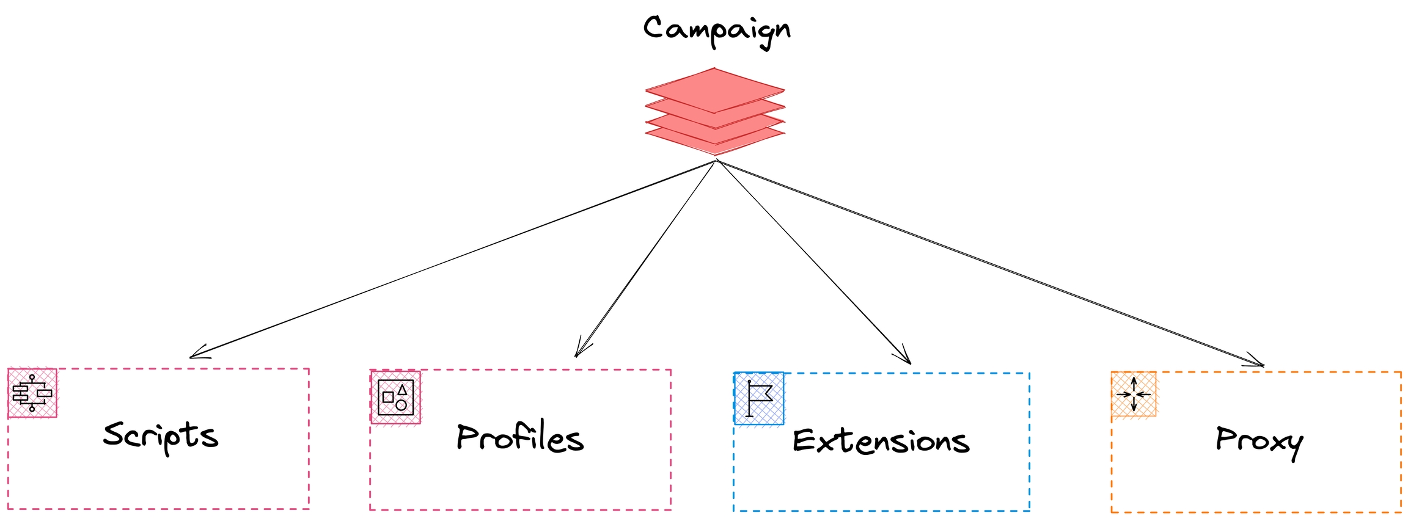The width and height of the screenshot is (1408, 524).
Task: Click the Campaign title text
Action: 716,30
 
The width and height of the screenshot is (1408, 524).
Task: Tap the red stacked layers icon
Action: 714,111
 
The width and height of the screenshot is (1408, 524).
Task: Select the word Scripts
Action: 160,436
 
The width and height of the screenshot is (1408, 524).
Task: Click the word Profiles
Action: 520,438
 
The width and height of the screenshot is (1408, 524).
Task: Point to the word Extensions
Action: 881,441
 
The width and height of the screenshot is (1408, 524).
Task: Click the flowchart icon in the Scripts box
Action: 32,393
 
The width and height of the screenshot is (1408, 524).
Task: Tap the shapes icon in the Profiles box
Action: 395,397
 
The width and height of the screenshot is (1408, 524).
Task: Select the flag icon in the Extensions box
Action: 758,398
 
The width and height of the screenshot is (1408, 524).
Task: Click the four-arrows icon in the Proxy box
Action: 1134,394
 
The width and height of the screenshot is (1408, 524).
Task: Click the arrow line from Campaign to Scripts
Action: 452,260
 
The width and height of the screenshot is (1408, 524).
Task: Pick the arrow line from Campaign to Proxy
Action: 990,263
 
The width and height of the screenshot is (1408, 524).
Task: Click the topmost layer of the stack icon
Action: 714,90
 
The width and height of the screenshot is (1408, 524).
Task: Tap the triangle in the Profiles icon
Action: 402,389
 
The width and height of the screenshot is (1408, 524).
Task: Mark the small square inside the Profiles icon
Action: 387,397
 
